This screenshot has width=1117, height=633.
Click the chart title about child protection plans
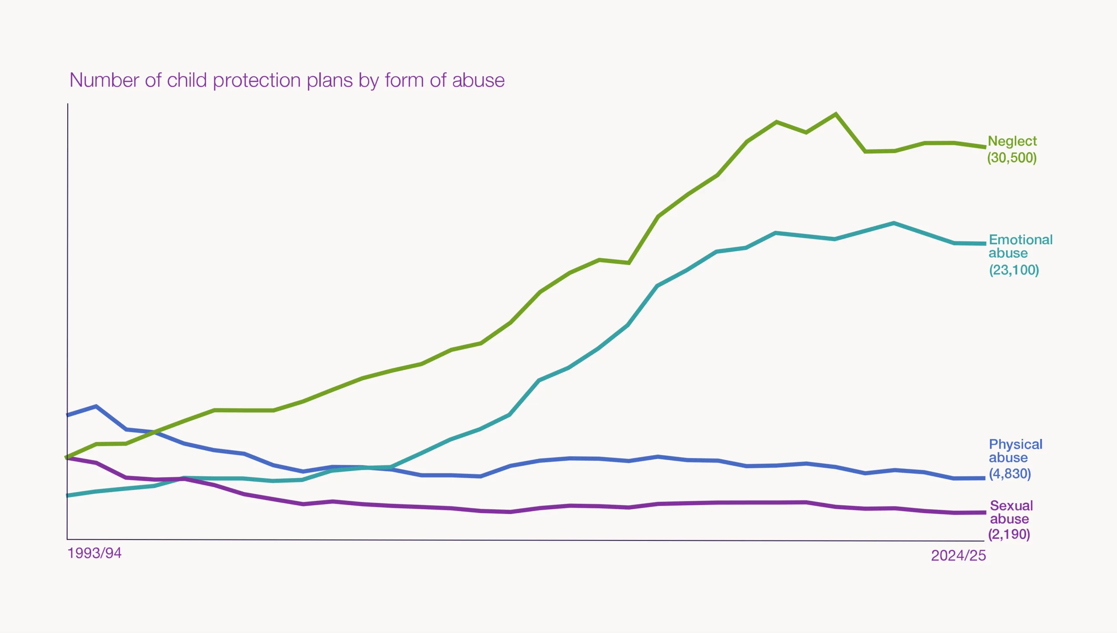click(x=287, y=81)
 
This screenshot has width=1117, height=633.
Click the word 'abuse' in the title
click(x=478, y=81)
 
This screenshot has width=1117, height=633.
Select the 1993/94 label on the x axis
click(x=94, y=553)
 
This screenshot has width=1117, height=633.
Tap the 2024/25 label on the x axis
click(x=959, y=555)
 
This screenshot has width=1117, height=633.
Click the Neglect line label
click(x=1012, y=149)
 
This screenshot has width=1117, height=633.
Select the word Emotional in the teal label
click(x=1021, y=240)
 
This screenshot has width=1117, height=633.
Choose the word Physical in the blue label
click(x=1015, y=445)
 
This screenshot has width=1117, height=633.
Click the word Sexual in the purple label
click(x=1011, y=506)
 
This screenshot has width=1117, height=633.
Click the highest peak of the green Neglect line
click(x=836, y=114)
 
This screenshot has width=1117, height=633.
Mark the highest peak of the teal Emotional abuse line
click(x=894, y=223)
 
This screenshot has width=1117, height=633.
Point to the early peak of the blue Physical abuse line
click(x=96, y=407)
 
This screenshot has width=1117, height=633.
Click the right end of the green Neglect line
click(x=985, y=147)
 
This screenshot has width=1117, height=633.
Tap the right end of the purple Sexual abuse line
click(x=985, y=513)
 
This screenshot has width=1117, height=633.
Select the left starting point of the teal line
click(x=67, y=496)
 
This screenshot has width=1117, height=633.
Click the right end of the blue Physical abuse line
click(x=984, y=478)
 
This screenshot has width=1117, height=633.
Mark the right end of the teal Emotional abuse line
click(x=985, y=243)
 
